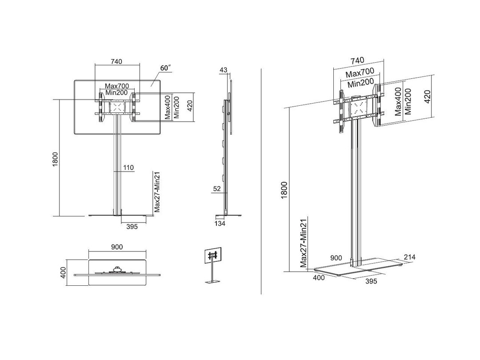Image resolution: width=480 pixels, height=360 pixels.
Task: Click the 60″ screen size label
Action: point(166,68)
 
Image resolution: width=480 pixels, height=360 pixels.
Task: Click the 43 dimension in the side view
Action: point(223,70)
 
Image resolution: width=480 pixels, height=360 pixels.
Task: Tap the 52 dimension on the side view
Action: point(216,188)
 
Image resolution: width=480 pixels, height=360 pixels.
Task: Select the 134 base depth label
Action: point(220,224)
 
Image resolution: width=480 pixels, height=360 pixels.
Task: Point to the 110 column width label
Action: point(128,168)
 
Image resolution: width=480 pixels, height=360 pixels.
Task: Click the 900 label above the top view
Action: point(117,247)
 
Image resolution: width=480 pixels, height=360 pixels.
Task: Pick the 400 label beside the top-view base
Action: point(63,272)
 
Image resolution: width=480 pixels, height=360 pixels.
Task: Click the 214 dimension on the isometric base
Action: point(410,257)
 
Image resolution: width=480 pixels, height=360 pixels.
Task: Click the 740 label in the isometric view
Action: point(357,60)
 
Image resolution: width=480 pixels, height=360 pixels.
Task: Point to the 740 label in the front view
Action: point(116,61)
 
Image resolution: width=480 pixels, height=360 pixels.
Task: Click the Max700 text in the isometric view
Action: point(360,72)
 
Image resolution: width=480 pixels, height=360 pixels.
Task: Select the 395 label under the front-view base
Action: point(132,227)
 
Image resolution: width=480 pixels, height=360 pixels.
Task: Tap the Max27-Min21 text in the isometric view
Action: point(304,244)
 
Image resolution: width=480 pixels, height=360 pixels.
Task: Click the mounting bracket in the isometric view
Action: point(359,107)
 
